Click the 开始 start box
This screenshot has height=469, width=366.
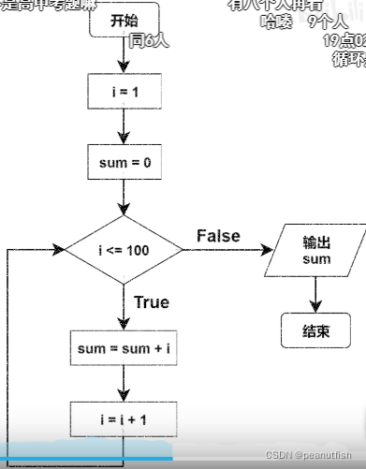pos(123,21)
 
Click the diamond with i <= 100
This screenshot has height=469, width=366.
pos(124,251)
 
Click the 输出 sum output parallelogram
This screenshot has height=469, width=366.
pos(316,250)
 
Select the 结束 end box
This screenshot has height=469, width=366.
pos(316,330)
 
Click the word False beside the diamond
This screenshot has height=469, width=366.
pos(218,236)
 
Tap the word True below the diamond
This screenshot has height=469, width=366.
pos(152,302)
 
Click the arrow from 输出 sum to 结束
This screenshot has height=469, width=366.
pos(316,294)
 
